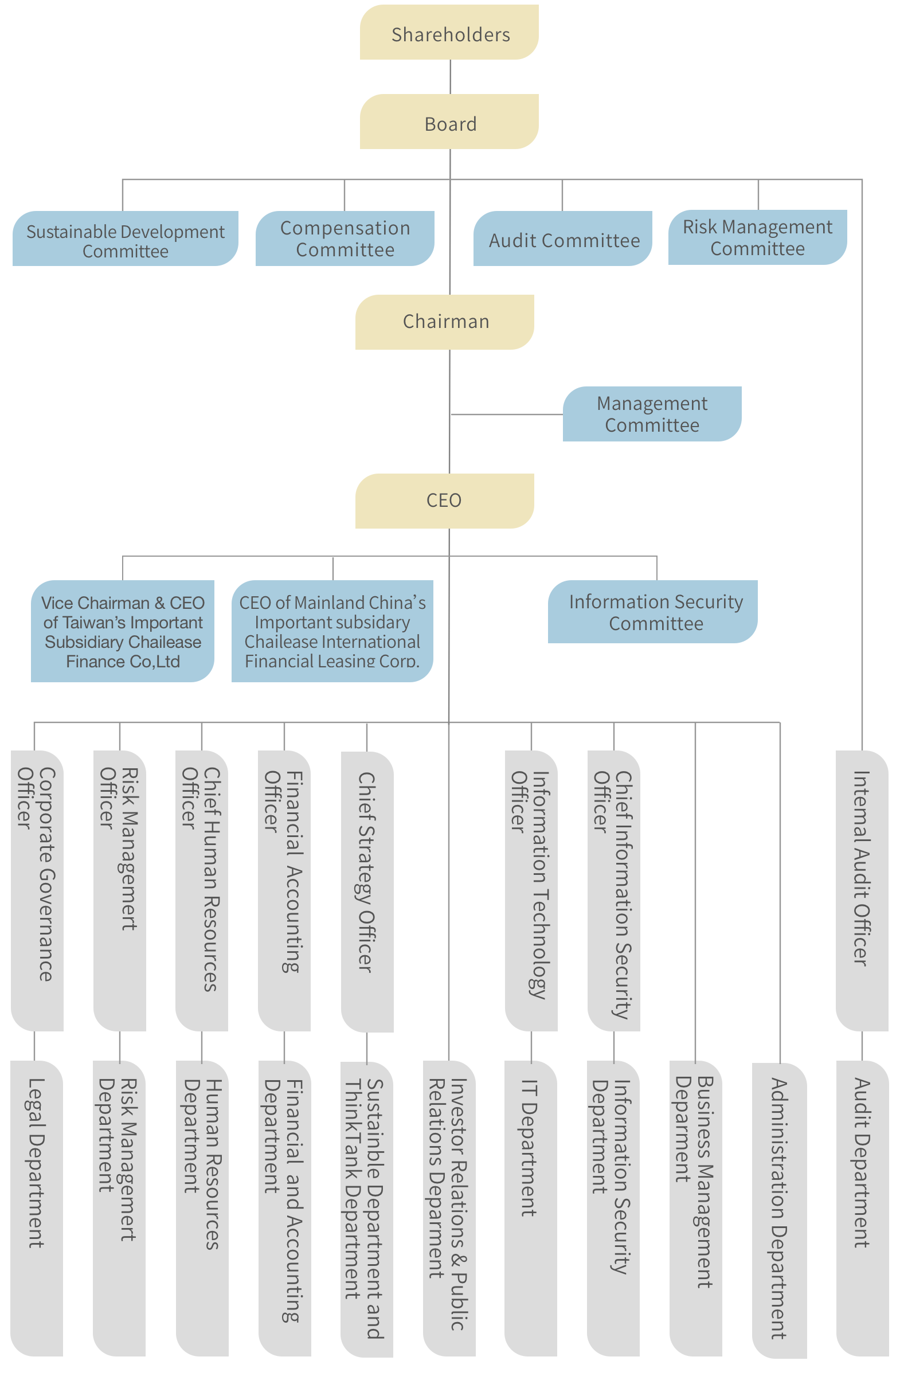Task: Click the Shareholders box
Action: point(449,33)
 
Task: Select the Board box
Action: point(449,122)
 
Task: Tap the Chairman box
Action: point(445,322)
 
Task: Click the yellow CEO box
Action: point(445,501)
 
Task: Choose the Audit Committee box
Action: point(562,239)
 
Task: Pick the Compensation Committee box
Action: point(345,239)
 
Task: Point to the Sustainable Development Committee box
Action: point(125,239)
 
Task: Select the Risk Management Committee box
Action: point(757,238)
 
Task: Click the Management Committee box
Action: point(652,414)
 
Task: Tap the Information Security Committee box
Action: point(652,612)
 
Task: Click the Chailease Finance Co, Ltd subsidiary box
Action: point(122,631)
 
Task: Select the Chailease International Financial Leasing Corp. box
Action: point(332,631)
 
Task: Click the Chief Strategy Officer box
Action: point(367,892)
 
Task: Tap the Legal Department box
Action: point(37,1209)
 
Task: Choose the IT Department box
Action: point(530,1209)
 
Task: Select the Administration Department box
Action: point(779,1210)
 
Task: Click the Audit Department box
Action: point(862,1209)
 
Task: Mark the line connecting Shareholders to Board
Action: point(450,77)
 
